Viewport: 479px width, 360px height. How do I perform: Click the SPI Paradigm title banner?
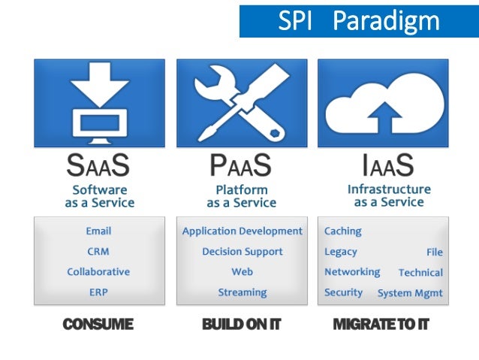358,20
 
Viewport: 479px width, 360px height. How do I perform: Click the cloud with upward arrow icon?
383,102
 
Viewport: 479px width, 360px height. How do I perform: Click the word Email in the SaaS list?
98,231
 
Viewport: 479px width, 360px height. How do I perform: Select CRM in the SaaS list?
98,252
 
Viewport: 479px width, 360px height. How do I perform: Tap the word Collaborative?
98,272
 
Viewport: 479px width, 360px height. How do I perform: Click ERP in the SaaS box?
98,292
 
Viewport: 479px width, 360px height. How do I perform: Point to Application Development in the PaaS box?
242,231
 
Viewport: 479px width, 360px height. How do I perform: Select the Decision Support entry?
242,252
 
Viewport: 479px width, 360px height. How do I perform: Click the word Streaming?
242,292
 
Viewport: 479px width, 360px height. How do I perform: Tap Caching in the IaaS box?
342,231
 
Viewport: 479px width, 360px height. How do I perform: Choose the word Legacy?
340,252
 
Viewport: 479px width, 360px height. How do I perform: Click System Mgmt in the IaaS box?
409,293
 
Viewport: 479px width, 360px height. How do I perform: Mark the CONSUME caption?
98,325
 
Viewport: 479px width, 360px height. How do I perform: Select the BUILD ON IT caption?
241,325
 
